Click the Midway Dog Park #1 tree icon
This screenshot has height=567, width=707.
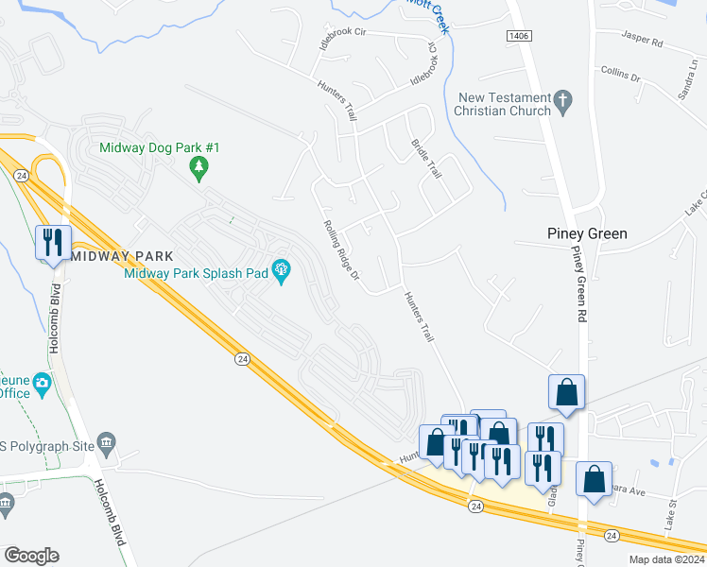[198, 169]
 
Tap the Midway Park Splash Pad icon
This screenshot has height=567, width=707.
[281, 272]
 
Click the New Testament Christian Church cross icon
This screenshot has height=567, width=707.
[563, 102]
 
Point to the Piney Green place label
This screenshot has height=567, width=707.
[587, 233]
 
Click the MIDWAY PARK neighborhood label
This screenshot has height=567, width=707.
[121, 256]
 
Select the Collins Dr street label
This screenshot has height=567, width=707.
[621, 73]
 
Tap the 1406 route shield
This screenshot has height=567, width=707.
[519, 36]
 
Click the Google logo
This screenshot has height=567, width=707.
[31, 556]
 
